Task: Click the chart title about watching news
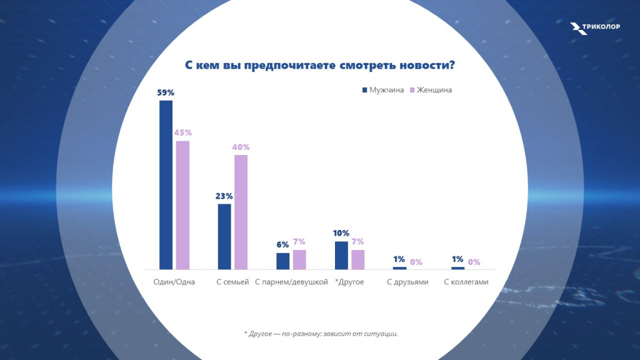coord(319,66)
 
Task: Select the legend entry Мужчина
coord(383,90)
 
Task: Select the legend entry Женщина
coord(431,90)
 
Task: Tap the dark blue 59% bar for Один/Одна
coord(166,184)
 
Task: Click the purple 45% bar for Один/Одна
coord(182,205)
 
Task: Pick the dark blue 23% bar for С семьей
coord(224,236)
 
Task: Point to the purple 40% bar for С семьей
coord(241,212)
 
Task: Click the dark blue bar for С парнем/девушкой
coord(282,261)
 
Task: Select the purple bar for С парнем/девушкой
coord(299,259)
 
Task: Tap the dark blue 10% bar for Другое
coord(341,255)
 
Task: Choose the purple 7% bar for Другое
coord(357,259)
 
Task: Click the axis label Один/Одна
coord(174,282)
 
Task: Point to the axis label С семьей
coord(232,282)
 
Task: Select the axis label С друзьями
coord(407,282)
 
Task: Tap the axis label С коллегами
coord(466,282)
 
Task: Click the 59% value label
coord(166,92)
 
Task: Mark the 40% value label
coord(241,147)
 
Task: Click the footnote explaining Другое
coord(321,333)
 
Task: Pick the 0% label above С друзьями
coord(416,262)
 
